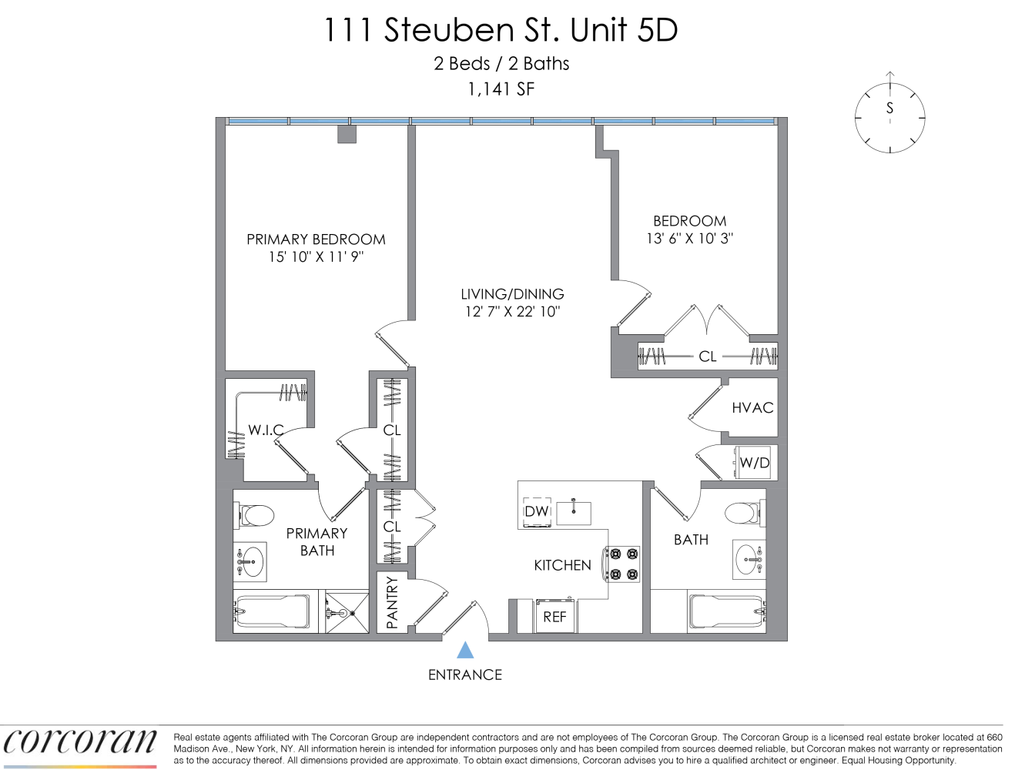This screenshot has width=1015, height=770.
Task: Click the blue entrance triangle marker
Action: pyautogui.click(x=465, y=650)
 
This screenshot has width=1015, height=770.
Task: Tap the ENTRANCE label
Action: pyautogui.click(x=464, y=675)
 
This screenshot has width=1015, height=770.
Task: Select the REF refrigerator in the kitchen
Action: pyautogui.click(x=555, y=616)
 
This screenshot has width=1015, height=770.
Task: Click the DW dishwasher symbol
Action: pyautogui.click(x=537, y=511)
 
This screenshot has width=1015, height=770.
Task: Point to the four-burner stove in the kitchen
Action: pyautogui.click(x=622, y=564)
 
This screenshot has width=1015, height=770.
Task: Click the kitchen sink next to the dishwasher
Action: pyautogui.click(x=574, y=512)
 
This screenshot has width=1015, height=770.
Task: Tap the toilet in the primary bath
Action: pyautogui.click(x=254, y=515)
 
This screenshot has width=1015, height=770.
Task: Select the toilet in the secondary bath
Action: pyautogui.click(x=745, y=513)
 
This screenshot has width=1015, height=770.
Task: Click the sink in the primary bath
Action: pyautogui.click(x=250, y=562)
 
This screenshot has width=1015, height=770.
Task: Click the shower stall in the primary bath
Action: pyautogui.click(x=347, y=611)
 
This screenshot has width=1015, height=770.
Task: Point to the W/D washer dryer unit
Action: pyautogui.click(x=754, y=462)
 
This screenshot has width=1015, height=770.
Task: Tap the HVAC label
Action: pyautogui.click(x=752, y=407)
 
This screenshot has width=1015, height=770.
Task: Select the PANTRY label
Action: pyautogui.click(x=392, y=603)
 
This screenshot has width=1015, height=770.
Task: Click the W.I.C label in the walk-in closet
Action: pyautogui.click(x=266, y=430)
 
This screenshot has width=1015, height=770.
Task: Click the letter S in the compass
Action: pyautogui.click(x=889, y=108)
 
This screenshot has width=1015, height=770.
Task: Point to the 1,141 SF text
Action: pyautogui.click(x=501, y=89)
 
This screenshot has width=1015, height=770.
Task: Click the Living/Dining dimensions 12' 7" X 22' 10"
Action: pyautogui.click(x=512, y=312)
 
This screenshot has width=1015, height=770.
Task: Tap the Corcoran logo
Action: pyautogui.click(x=79, y=743)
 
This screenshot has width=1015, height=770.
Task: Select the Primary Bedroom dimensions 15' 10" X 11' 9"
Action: pyautogui.click(x=317, y=256)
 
